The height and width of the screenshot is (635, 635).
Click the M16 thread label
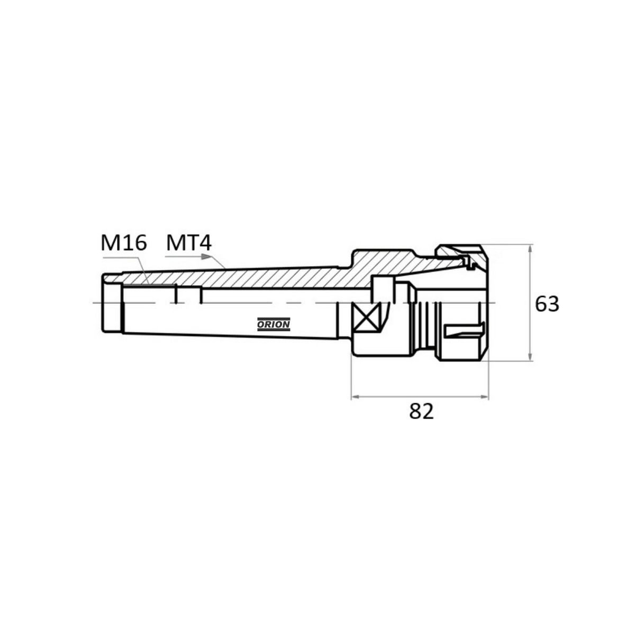(124, 243)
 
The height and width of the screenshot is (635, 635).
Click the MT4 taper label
(189, 243)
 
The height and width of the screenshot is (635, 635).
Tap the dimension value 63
(547, 304)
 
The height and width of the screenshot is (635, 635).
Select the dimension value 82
(421, 411)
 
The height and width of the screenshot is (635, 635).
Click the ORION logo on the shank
(274, 324)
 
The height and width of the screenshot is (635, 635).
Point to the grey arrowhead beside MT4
(206, 256)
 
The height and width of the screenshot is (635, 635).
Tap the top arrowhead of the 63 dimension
(530, 249)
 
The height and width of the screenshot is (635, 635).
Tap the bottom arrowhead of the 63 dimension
(530, 357)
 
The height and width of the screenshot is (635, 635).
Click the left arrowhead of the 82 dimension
(356, 397)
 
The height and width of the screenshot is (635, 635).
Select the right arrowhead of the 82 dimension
(484, 397)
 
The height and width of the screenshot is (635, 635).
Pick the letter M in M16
(110, 243)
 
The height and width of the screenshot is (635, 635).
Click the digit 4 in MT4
(205, 243)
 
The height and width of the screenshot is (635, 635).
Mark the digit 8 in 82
(415, 411)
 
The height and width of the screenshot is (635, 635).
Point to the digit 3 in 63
(554, 304)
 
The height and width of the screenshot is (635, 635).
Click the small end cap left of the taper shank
(111, 303)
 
